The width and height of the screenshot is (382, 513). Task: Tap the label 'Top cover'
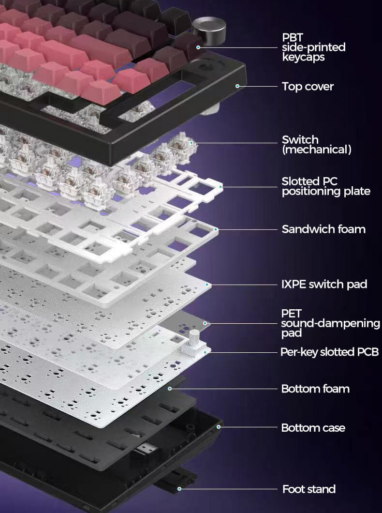click(308, 86)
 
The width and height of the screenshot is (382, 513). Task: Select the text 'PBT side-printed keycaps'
click(314, 47)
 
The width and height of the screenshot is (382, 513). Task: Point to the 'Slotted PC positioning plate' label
click(326, 186)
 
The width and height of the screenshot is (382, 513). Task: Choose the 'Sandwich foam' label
click(323, 229)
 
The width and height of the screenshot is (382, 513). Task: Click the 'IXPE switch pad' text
click(324, 284)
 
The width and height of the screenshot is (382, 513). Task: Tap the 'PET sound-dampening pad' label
click(330, 323)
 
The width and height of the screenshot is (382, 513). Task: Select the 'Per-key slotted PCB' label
click(329, 352)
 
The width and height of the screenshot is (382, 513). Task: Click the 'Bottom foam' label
click(315, 389)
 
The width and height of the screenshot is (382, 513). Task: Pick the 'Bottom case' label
click(313, 428)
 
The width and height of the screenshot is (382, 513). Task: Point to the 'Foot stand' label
click(309, 489)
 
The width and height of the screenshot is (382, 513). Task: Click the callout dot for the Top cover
click(237, 86)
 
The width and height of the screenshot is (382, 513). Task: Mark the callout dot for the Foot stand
click(179, 489)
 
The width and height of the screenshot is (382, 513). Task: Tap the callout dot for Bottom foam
click(170, 389)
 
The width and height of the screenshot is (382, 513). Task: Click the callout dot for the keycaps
click(198, 47)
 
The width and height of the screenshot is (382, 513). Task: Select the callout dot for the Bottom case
click(219, 427)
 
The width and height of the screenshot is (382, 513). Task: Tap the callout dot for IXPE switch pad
click(207, 285)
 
